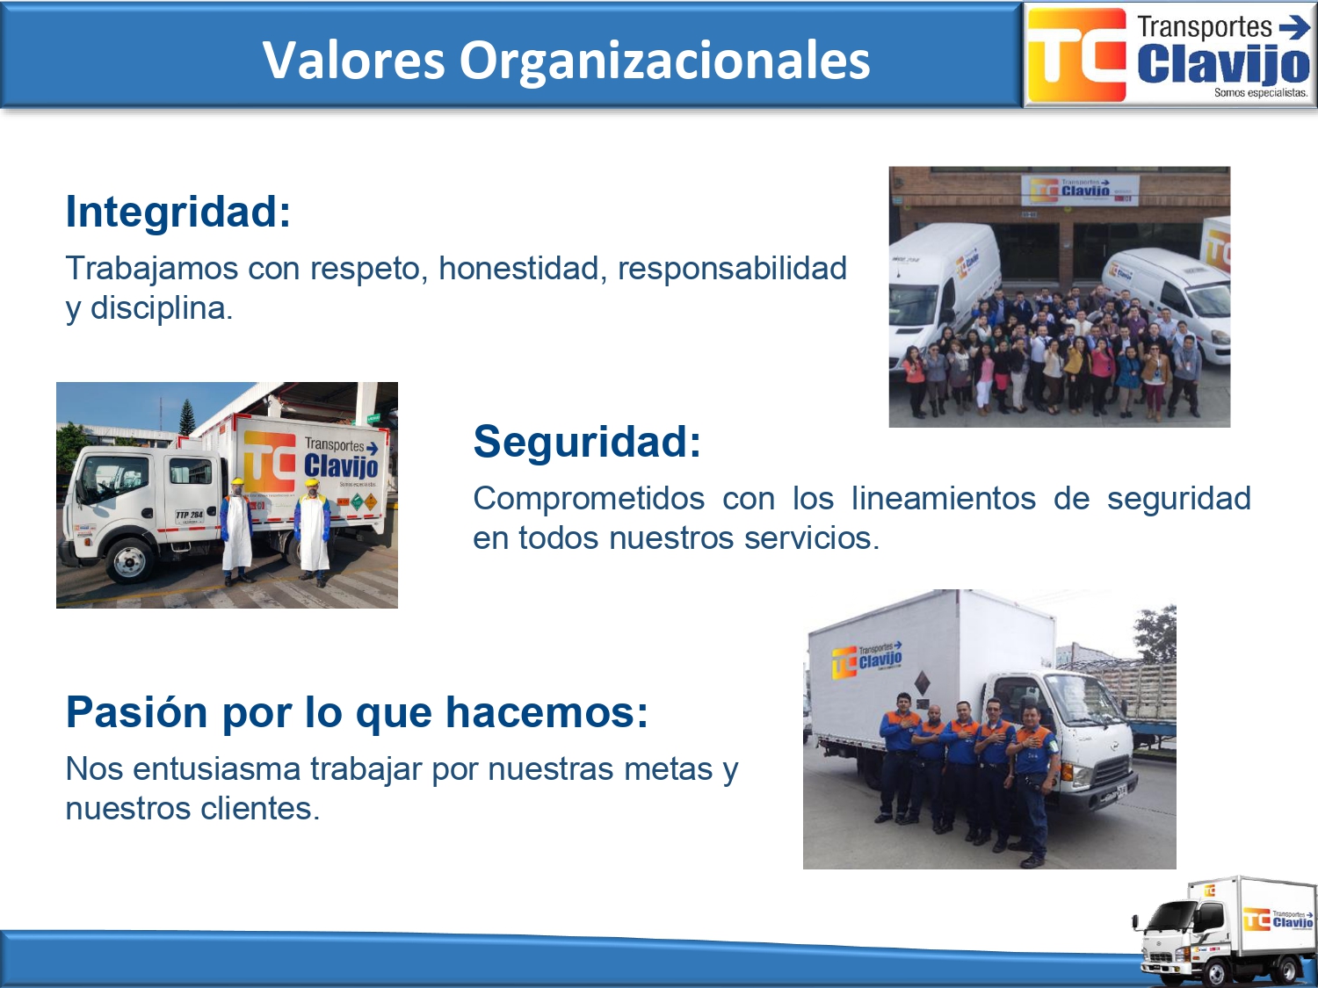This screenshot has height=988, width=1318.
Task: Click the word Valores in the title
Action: [354, 60]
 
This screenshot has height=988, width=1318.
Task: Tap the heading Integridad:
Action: [177, 213]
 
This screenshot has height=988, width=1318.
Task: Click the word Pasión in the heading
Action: [137, 712]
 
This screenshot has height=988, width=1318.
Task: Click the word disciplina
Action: [161, 307]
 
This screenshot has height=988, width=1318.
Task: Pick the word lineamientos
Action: [944, 498]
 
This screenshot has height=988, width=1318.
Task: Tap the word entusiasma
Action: [216, 769]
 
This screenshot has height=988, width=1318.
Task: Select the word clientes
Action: [260, 808]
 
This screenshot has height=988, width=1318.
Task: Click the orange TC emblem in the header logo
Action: [1076, 54]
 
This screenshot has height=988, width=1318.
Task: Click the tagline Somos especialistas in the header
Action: [1261, 93]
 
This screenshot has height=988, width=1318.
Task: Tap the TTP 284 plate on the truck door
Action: [189, 516]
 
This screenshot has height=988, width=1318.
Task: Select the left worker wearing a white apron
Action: [236, 531]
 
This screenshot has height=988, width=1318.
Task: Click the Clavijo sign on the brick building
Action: [1080, 190]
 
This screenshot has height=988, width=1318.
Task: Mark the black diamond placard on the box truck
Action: [922, 682]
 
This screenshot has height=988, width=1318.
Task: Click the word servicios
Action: [812, 537]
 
